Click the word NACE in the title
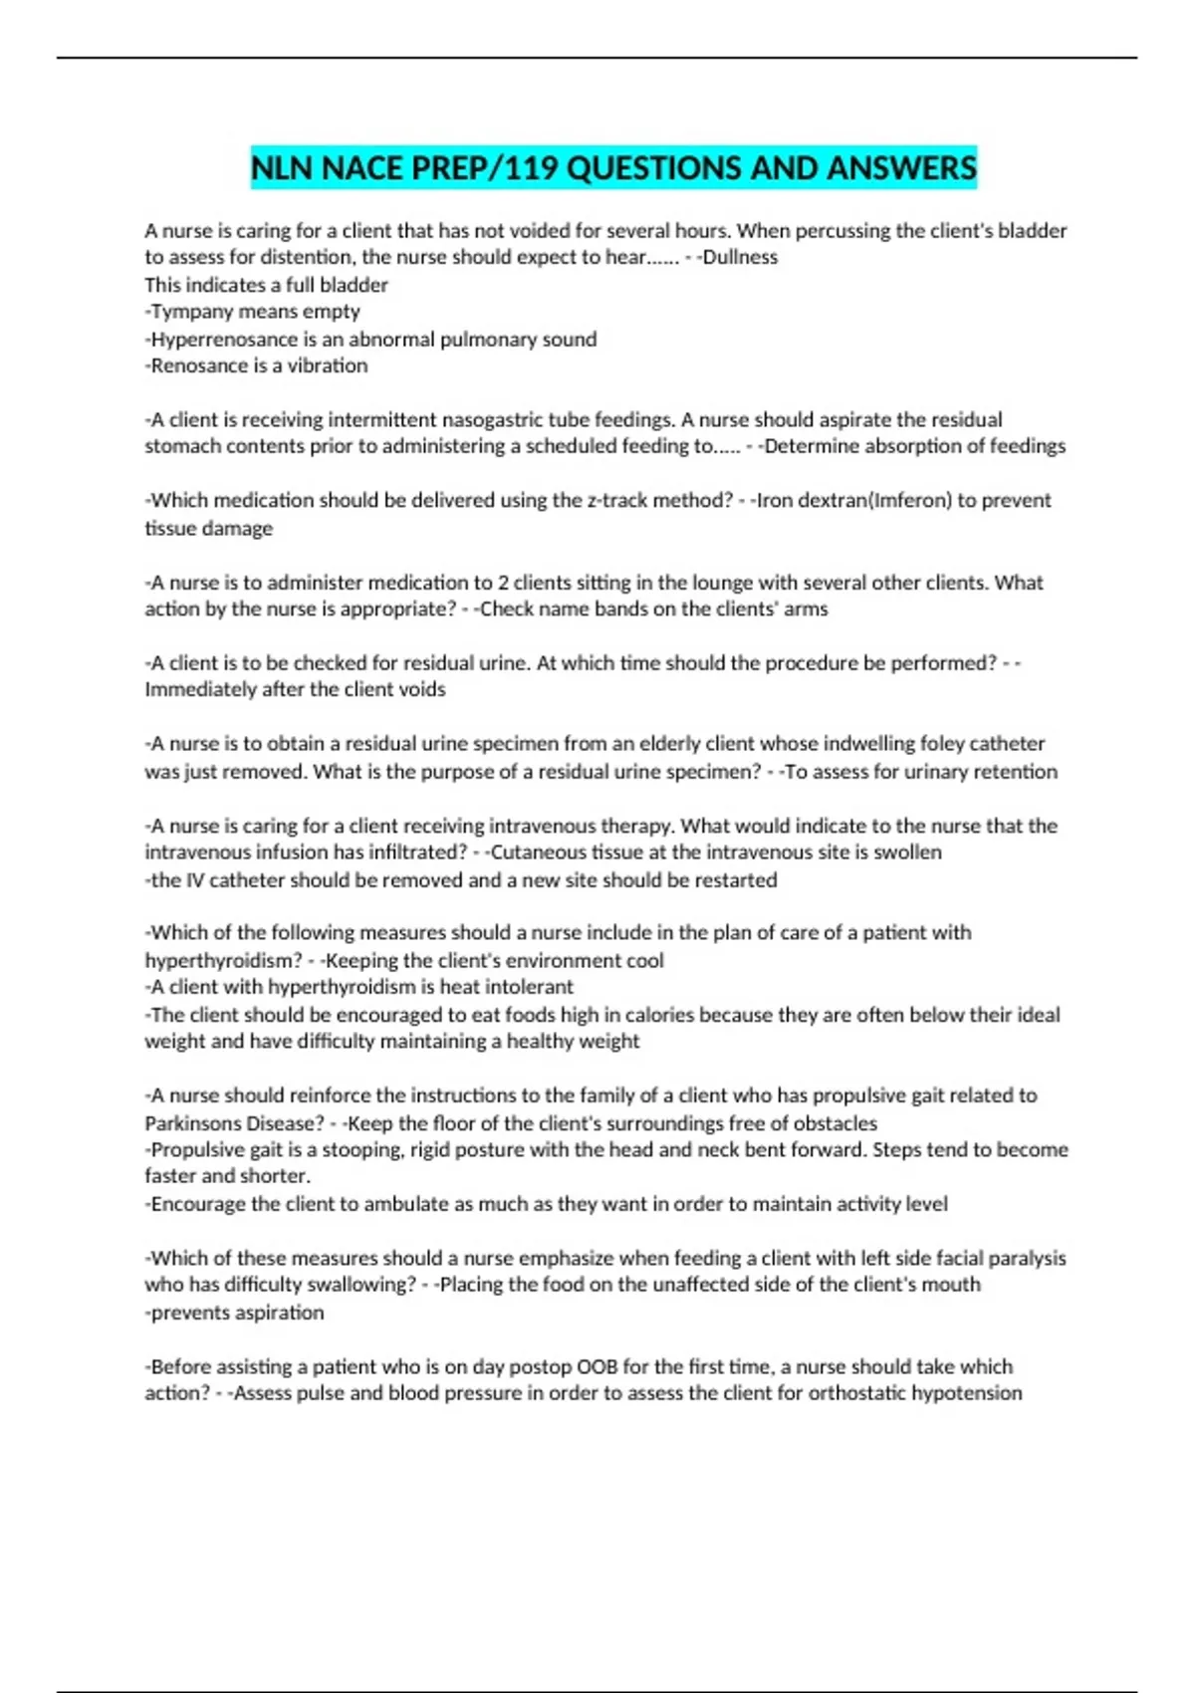(x=362, y=168)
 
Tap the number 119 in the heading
(x=527, y=168)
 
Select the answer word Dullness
(x=740, y=257)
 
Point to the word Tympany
(x=187, y=312)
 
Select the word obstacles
(x=834, y=1123)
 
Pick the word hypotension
(x=966, y=1393)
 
